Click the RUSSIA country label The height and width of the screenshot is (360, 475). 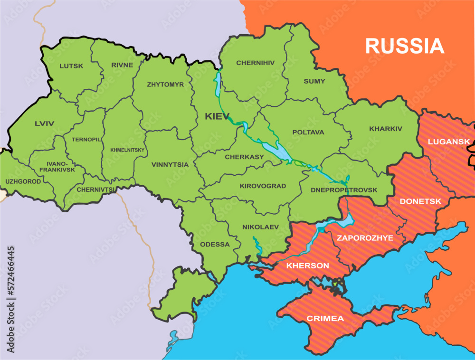click(x=404, y=46)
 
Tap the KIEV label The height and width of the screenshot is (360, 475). click(x=217, y=116)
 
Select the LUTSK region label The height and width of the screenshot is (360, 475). click(x=71, y=66)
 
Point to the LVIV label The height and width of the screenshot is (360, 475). click(x=44, y=123)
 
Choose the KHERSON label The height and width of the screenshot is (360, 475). click(x=307, y=265)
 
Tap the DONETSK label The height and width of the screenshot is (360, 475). click(x=420, y=201)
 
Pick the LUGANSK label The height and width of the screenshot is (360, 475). click(x=448, y=142)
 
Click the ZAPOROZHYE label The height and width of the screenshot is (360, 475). click(x=365, y=238)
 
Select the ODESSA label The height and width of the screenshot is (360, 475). click(x=215, y=245)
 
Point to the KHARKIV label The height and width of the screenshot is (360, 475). click(x=385, y=129)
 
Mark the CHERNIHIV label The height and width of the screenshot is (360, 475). click(x=255, y=63)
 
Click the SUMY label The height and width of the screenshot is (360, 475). click(x=314, y=81)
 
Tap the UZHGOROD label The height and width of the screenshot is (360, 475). click(x=23, y=181)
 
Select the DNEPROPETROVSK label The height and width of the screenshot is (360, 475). click(x=344, y=190)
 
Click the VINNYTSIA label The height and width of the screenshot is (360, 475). click(x=170, y=165)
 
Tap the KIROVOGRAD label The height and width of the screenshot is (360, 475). click(x=263, y=186)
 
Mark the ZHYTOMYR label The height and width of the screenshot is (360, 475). click(x=165, y=85)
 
